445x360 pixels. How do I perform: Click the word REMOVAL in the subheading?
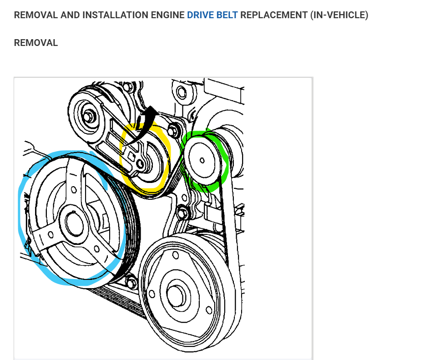(x=36, y=43)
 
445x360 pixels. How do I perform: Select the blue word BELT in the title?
(x=227, y=15)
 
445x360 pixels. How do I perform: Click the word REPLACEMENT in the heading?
(x=274, y=15)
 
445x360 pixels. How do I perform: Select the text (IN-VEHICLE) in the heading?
(x=339, y=15)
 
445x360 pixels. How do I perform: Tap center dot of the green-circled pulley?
(x=202, y=160)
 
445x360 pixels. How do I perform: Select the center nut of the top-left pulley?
(x=88, y=116)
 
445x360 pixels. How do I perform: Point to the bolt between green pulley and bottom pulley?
(x=183, y=212)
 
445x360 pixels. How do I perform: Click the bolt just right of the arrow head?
(x=172, y=130)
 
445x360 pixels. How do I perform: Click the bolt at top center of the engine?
(x=182, y=93)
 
